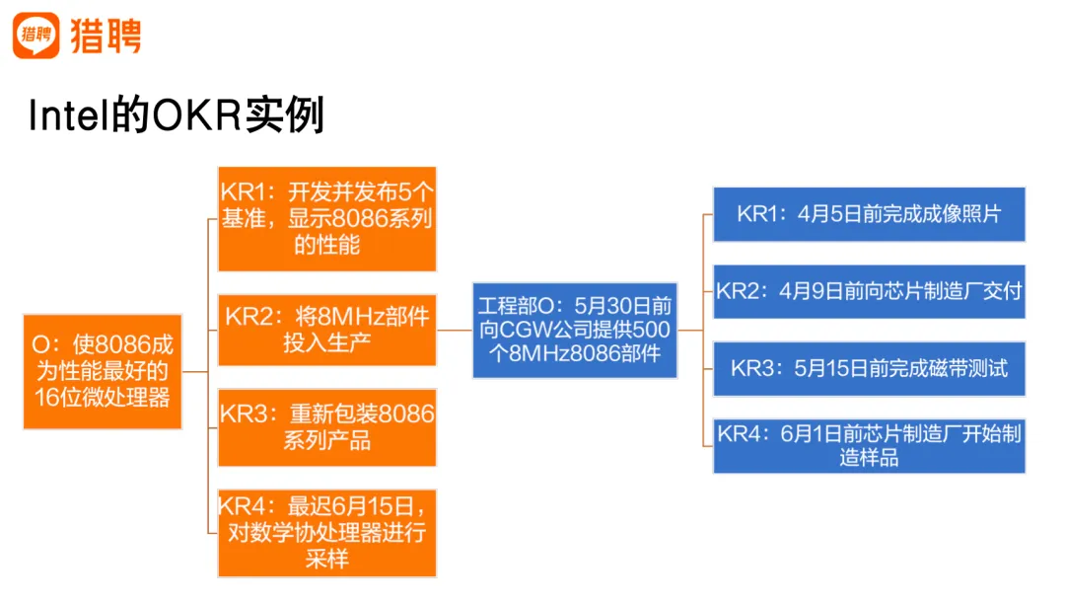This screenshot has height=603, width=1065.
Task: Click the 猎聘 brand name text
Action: [106, 37]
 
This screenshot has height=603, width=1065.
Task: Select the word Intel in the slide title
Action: [65, 116]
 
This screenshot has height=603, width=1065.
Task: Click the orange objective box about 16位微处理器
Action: [103, 372]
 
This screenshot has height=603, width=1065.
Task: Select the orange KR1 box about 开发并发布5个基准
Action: [326, 218]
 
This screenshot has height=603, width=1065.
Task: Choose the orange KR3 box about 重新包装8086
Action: [326, 426]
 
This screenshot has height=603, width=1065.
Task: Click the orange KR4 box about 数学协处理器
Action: [326, 533]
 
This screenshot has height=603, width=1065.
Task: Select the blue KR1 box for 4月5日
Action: [869, 214]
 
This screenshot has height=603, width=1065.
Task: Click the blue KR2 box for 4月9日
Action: [869, 291]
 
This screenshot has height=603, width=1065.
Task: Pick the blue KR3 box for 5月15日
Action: [869, 369]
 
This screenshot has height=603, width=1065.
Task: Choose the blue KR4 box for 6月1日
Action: [869, 445]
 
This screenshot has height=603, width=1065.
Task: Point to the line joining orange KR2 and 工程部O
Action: [455, 331]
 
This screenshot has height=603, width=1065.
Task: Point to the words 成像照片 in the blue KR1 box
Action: [960, 214]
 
